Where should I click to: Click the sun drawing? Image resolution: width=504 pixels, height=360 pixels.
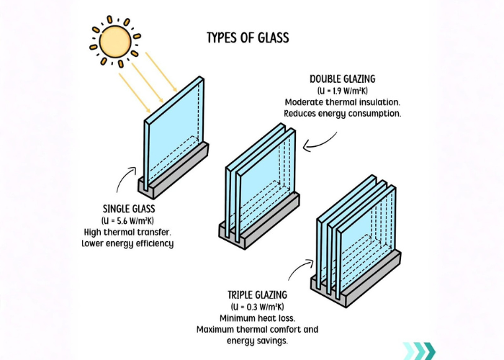pyautogui.click(x=113, y=41)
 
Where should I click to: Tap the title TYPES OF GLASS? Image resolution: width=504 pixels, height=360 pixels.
pyautogui.click(x=248, y=37)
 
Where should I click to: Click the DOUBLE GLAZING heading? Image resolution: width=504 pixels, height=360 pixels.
pyautogui.click(x=343, y=78)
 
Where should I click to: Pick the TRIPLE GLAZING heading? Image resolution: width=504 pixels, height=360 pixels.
pyautogui.click(x=257, y=295)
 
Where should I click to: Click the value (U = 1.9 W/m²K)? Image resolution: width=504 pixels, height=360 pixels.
pyautogui.click(x=343, y=91)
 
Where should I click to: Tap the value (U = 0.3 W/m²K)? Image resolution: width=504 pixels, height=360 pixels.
pyautogui.click(x=257, y=307)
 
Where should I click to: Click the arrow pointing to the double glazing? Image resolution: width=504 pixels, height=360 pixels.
pyautogui.click(x=318, y=143)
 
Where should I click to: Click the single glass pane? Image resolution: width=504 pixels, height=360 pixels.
pyautogui.click(x=173, y=133)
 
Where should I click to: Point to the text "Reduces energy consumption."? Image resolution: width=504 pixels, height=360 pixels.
pyautogui.click(x=343, y=114)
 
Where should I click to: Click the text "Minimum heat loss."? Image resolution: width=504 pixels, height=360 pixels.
pyautogui.click(x=257, y=318)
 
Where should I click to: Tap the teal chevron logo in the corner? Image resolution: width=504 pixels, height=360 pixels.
pyautogui.click(x=419, y=350)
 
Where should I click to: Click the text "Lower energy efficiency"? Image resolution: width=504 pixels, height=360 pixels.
pyautogui.click(x=127, y=243)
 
